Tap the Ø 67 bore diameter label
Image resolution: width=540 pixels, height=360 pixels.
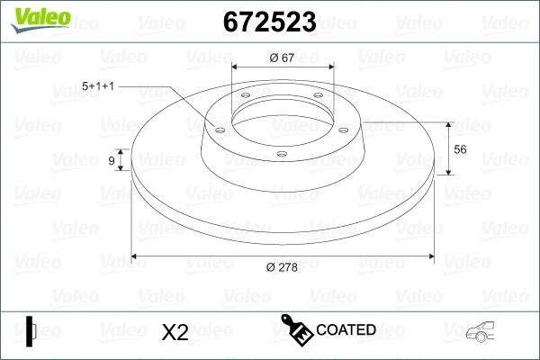pyautogui.click(x=283, y=58)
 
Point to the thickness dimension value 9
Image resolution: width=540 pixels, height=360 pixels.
pyautogui.click(x=112, y=160)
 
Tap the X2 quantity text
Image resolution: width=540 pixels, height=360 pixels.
pyautogui.click(x=175, y=332)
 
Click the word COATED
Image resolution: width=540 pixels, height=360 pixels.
pyautogui.click(x=346, y=330)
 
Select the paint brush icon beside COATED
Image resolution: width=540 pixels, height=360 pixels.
pyautogui.click(x=297, y=330)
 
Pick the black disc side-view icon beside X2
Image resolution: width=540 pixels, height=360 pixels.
pyautogui.click(x=31, y=331)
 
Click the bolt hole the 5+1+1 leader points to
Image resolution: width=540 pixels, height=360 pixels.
pyautogui.click(x=219, y=128)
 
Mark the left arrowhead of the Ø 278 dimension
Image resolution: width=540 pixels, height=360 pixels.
pyautogui.click(x=136, y=256)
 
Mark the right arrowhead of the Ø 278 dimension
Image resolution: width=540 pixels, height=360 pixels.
pyautogui.click(x=433, y=256)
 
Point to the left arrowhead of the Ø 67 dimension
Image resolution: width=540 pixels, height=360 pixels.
pyautogui.click(x=236, y=67)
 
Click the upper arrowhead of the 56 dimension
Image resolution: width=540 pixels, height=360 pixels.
pyautogui.click(x=448, y=124)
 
